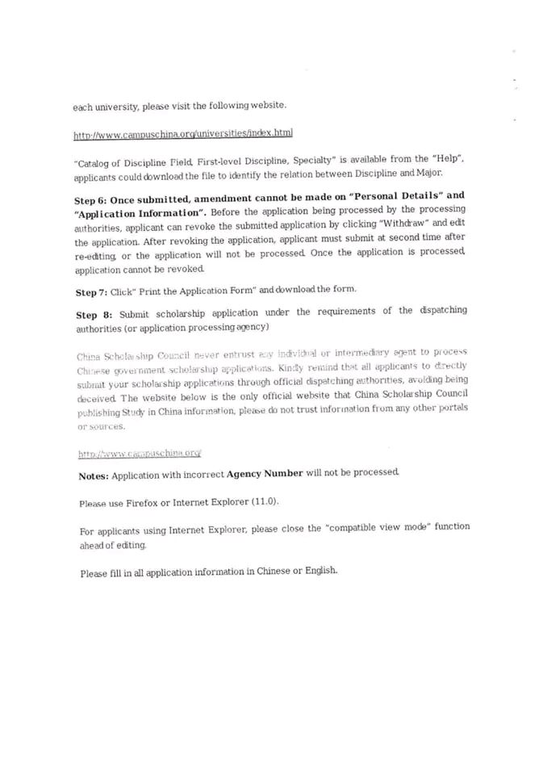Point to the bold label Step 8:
[94, 313]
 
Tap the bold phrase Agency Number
[265, 475]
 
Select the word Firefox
[143, 503]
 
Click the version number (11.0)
[262, 502]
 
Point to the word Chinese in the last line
[273, 572]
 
